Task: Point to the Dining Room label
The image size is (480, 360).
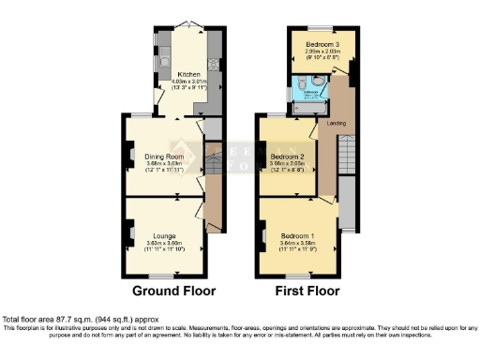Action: (x=163, y=156)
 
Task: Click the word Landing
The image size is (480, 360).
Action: (x=335, y=124)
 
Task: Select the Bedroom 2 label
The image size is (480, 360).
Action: (x=288, y=156)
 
